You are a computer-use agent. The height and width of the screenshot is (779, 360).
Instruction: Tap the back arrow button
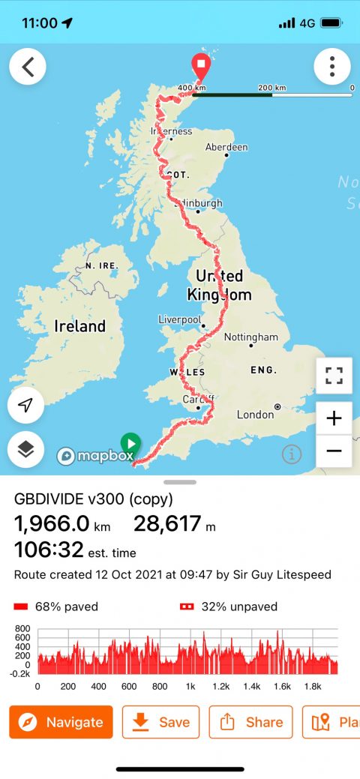(x=28, y=67)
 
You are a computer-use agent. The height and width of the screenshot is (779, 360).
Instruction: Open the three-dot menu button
(x=332, y=67)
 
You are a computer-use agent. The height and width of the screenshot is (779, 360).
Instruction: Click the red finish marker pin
(x=201, y=65)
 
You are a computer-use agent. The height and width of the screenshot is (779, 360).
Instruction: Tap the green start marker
(x=130, y=442)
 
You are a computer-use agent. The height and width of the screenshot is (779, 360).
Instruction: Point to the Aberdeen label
(x=226, y=147)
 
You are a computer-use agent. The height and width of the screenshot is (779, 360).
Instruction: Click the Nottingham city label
(x=251, y=337)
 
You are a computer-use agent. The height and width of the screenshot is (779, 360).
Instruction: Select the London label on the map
(x=256, y=414)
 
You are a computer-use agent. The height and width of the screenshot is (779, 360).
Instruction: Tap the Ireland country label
(x=79, y=326)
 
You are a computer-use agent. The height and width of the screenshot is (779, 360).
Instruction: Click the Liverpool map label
(x=180, y=319)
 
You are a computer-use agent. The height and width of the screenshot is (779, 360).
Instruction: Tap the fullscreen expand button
(x=334, y=376)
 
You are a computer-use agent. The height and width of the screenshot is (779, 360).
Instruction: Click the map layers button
(x=26, y=449)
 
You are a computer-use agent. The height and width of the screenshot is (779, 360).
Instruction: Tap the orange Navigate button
(x=61, y=722)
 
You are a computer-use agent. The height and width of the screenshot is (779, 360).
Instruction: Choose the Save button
(x=160, y=722)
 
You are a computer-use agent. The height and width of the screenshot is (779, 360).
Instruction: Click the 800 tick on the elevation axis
(x=22, y=629)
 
